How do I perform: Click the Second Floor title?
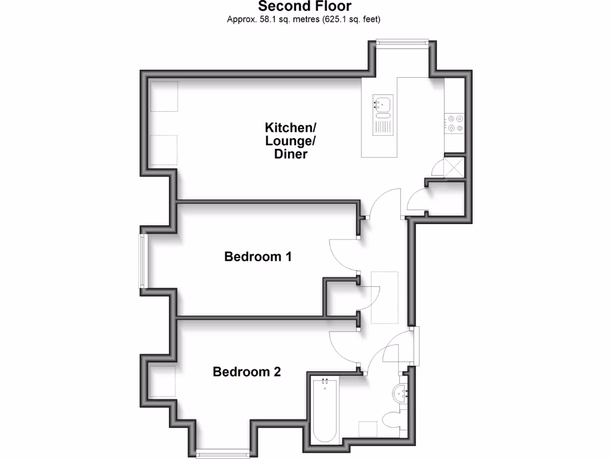[x=305, y=7]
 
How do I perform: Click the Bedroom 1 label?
[x=258, y=257]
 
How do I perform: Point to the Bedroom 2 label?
[x=246, y=372]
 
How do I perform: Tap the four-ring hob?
[x=455, y=123]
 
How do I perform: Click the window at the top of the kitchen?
[x=402, y=42]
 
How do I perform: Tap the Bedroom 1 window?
[x=143, y=261]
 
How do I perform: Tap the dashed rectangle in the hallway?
[x=384, y=296]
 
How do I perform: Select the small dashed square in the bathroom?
[x=367, y=430]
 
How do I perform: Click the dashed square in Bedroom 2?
[x=162, y=381]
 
